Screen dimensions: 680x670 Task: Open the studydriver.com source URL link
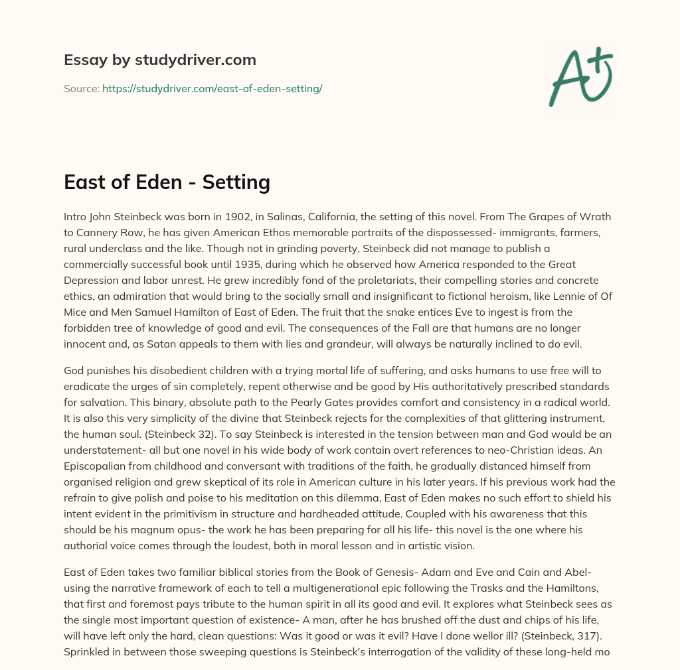212,88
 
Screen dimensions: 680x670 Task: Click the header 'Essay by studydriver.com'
160,60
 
